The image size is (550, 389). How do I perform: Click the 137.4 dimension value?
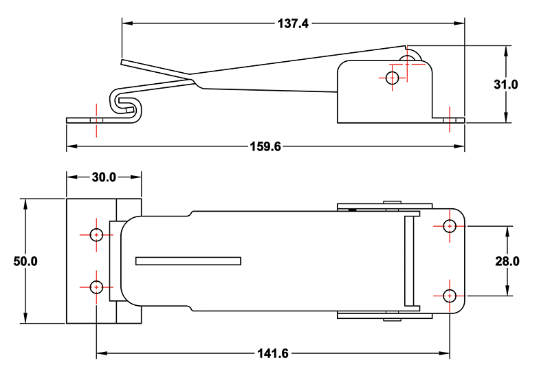coord(293,23)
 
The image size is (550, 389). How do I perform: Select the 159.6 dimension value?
coord(265,146)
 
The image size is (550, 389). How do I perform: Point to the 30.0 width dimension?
coord(104,177)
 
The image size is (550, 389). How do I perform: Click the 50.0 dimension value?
coord(25,261)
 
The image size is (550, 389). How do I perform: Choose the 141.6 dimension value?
coord(274,354)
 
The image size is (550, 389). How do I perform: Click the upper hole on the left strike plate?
coord(96,234)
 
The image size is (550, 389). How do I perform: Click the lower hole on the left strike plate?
coord(96,286)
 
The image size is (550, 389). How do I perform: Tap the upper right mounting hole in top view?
coord(450,225)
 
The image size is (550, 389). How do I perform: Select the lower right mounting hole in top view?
coord(450,296)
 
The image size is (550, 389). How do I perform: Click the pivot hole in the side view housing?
coord(393,78)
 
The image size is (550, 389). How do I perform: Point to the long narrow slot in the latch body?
coord(188,260)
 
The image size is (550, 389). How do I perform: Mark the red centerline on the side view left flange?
coord(97,120)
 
